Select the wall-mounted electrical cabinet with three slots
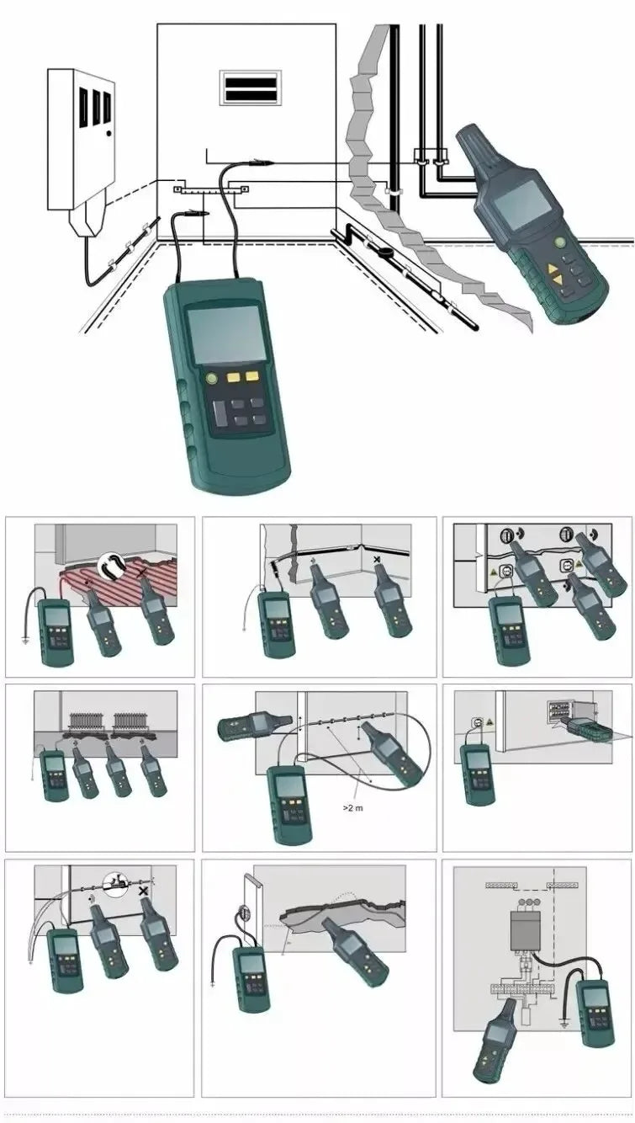(82, 139)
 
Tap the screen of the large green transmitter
(223, 334)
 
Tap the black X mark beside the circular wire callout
(145, 889)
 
